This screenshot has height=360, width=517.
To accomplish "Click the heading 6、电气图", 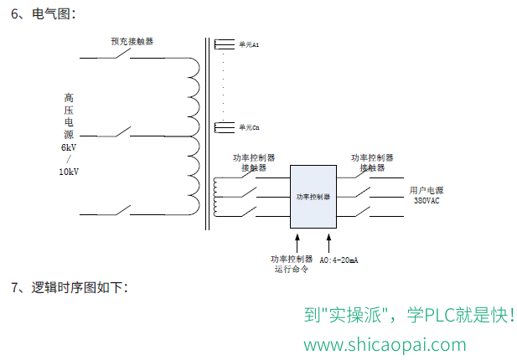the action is coord(44,14).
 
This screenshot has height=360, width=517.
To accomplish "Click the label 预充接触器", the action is coord(132,42).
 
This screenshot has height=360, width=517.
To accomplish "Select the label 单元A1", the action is coord(249,44).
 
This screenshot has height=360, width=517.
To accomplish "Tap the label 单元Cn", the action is coord(249,127).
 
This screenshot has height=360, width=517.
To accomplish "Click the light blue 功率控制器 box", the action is coord(313,197).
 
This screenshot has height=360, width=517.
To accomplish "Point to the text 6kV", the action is coord(69,147).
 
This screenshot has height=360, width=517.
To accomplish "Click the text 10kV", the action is coord(69,172).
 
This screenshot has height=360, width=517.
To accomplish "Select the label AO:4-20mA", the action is coord(339,260).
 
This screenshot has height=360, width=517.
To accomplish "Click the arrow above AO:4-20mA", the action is coord(328,243).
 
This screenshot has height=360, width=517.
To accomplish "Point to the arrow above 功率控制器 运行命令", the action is coord(297,243).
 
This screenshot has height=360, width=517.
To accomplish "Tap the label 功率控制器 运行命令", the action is coord(292,265).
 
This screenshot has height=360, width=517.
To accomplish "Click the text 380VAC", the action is coord(427,201).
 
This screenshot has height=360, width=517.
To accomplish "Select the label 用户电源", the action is coord(427,190).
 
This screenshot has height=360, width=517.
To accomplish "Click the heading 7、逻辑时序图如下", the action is coord(70,287).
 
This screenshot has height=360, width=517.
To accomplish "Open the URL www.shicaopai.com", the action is coord(385,345).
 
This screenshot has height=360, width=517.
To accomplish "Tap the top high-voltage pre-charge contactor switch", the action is coord(122,54).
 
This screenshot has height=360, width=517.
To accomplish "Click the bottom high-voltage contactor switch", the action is coord(122,210).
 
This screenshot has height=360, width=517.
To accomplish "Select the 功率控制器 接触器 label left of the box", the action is coord(254,162).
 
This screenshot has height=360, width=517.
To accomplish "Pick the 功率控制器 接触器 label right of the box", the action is coord(372,162).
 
